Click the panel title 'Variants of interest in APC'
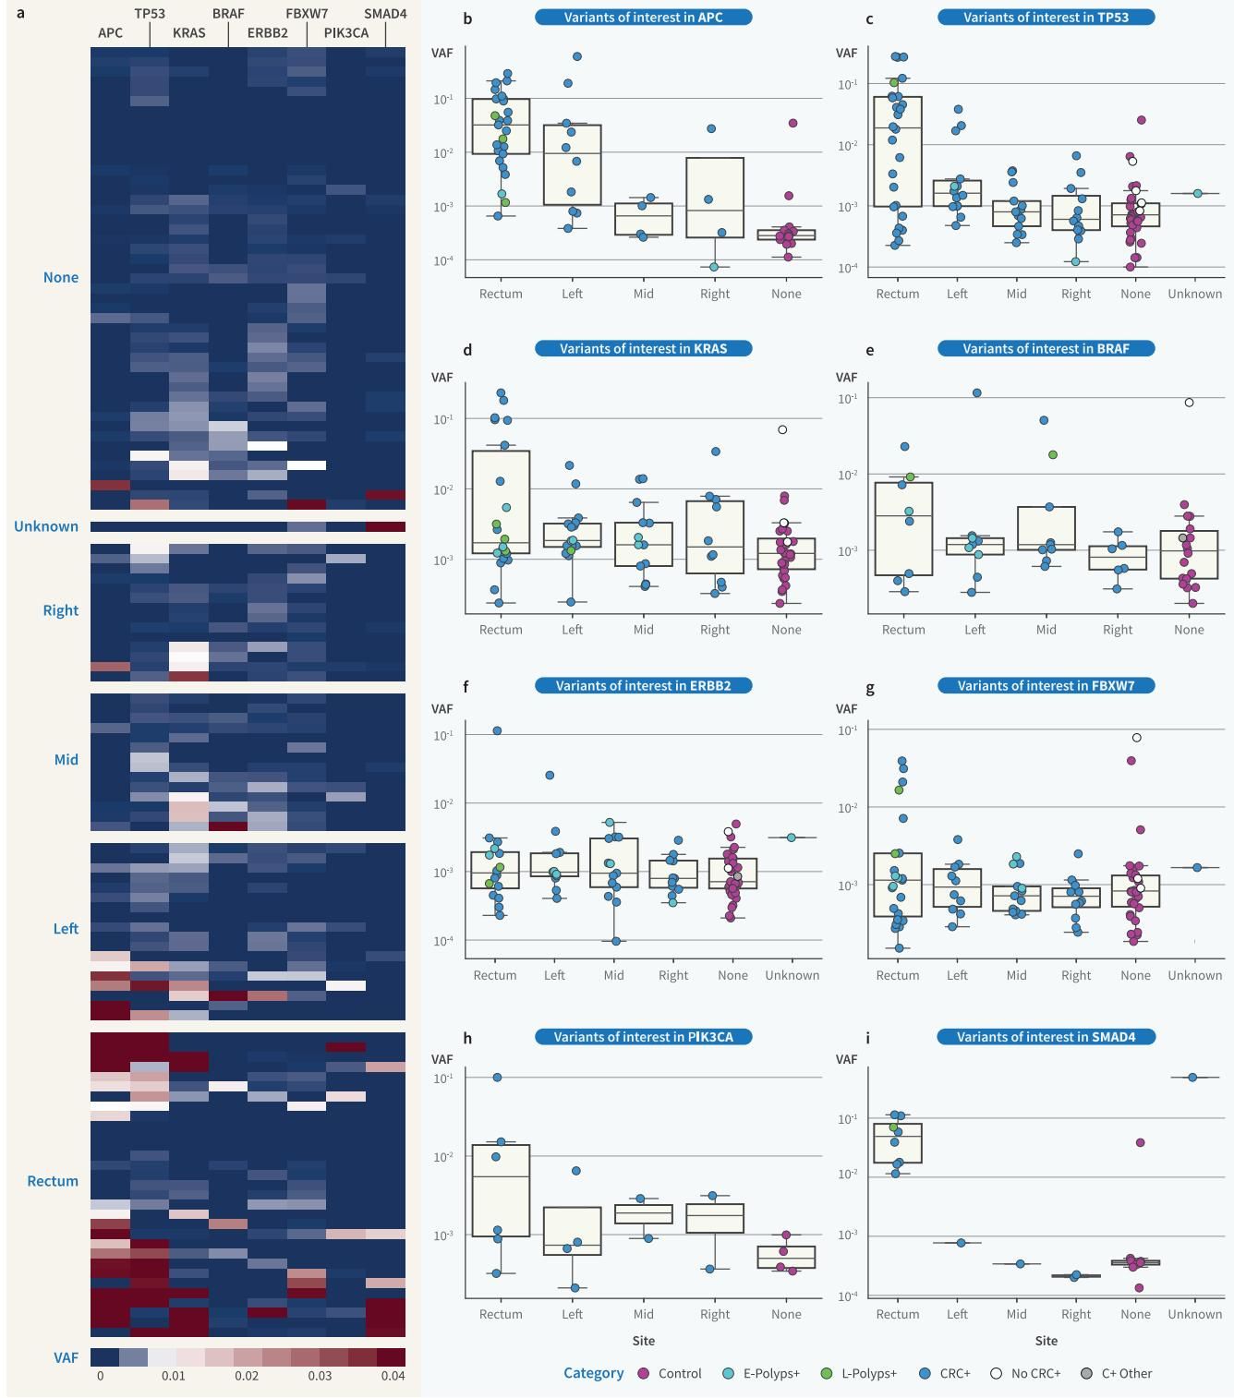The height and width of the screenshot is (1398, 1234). coord(644,17)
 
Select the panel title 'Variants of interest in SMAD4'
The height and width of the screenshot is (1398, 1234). coord(1046,1037)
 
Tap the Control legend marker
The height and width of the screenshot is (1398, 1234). coord(644,1373)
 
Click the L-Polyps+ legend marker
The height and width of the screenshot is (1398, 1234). coord(827,1373)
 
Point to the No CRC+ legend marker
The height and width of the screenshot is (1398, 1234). coord(997,1373)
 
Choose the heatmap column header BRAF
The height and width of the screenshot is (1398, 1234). coord(228,14)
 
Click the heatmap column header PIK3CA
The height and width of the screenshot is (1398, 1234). coord(346,33)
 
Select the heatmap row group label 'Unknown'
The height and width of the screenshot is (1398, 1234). coord(45,526)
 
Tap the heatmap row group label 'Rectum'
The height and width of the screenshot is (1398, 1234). coord(53,1181)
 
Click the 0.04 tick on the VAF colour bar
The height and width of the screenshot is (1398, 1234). coord(393,1376)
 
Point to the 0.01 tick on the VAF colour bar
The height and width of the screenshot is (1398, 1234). coord(174,1376)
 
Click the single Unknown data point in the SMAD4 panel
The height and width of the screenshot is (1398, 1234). coord(1192,1078)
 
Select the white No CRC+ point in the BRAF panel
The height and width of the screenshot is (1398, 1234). coord(1190,403)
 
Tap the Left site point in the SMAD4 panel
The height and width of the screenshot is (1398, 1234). coord(961,1243)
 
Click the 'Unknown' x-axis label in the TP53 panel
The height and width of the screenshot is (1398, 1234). coord(1194,294)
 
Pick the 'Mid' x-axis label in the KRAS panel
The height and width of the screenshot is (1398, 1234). coord(644,630)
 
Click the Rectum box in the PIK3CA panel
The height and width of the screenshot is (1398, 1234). coord(501,1190)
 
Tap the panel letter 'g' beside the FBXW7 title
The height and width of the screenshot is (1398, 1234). coord(870,688)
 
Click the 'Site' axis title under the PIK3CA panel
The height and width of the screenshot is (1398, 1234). coord(644,1340)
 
